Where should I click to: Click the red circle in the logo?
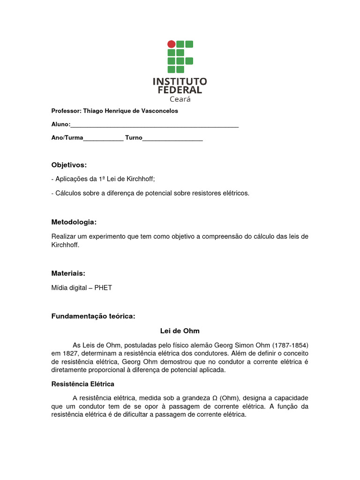click(172, 44)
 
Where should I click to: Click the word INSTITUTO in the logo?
click(180, 81)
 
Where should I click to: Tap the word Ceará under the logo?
click(180, 99)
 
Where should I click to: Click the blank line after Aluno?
click(155, 125)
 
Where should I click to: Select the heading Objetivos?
click(69, 165)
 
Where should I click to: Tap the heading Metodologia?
click(74, 222)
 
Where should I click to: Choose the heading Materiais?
click(68, 273)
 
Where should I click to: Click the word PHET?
click(103, 288)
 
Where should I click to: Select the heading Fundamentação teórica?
click(93, 316)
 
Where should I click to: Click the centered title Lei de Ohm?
click(180, 331)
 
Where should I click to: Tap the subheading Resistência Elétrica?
click(82, 384)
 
